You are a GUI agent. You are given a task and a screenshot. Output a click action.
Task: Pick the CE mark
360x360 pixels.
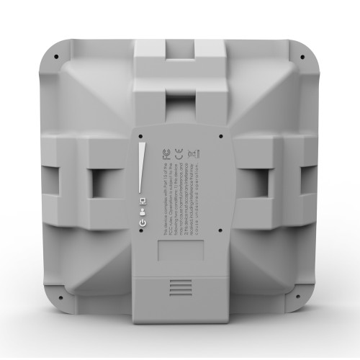coord(192,153)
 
